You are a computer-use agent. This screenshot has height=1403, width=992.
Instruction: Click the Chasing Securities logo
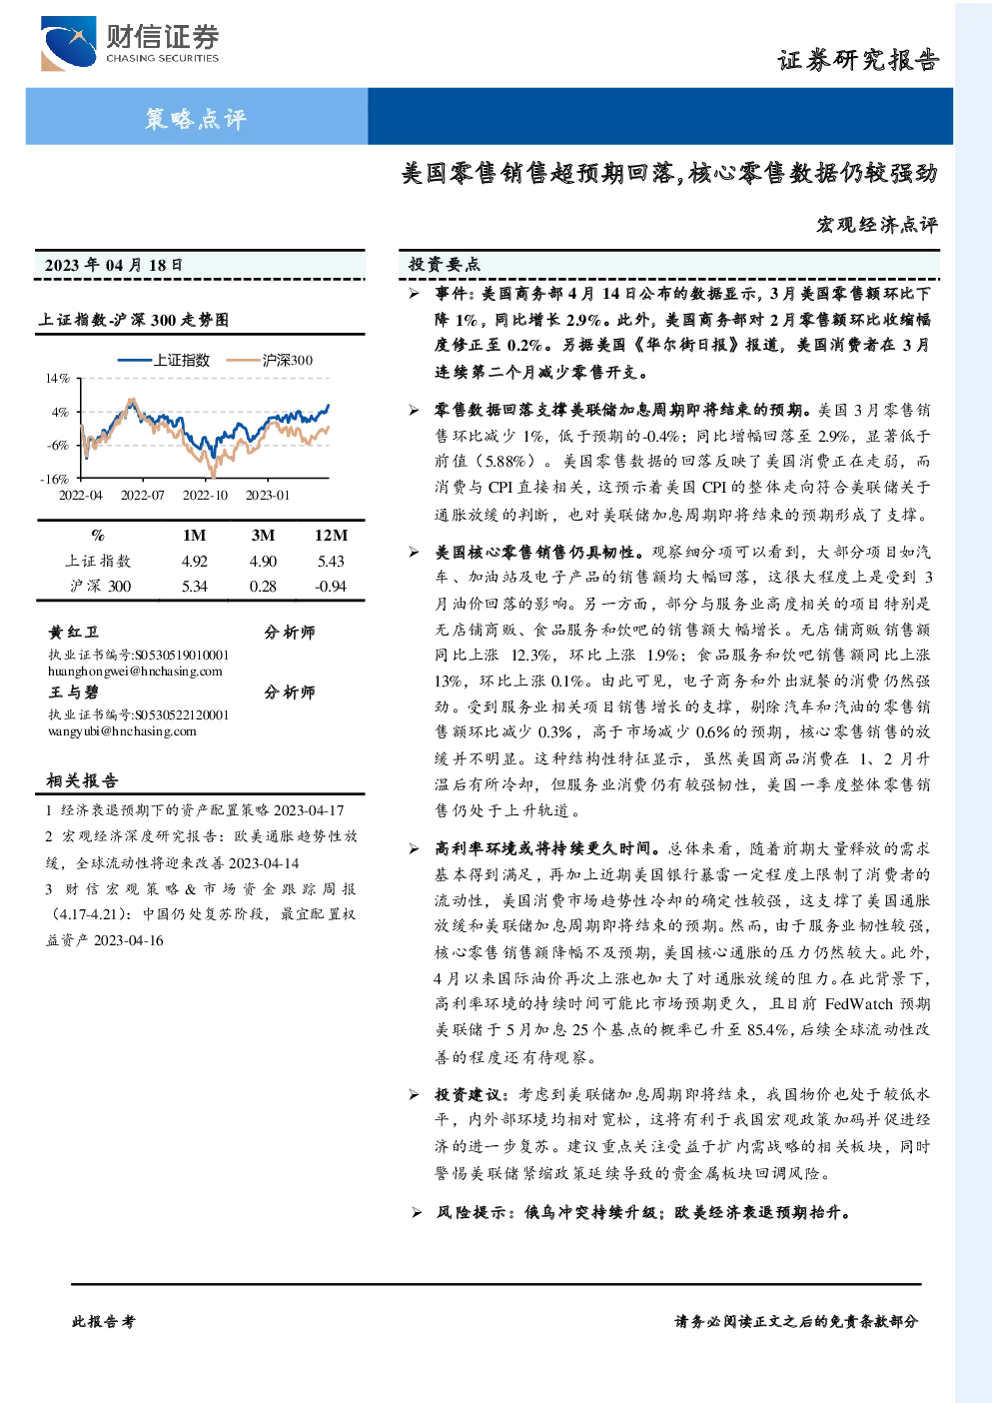[130, 43]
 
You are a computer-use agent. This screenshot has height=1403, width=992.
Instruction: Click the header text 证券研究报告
[858, 60]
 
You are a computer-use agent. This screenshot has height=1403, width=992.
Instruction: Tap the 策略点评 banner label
[196, 118]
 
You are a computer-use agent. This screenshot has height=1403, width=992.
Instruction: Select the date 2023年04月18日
[113, 265]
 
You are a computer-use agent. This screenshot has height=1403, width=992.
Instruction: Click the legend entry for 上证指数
[164, 360]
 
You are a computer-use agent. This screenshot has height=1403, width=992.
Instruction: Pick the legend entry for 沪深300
[270, 360]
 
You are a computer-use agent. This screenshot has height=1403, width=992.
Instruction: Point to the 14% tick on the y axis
[57, 379]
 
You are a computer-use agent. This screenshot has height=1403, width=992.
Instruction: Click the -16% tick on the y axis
[55, 479]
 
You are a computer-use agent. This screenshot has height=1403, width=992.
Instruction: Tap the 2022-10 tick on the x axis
[205, 496]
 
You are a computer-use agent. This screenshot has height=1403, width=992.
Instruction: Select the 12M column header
[331, 536]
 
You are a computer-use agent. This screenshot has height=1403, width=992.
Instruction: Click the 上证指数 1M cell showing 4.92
[194, 562]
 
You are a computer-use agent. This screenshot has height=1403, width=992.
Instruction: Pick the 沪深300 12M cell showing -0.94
[330, 587]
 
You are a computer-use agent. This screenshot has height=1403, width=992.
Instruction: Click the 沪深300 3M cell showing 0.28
[263, 587]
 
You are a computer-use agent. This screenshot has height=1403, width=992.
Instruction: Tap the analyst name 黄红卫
[73, 632]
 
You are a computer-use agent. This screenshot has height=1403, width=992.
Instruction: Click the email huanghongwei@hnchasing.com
[135, 672]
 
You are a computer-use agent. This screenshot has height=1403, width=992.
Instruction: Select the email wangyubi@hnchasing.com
[122, 730]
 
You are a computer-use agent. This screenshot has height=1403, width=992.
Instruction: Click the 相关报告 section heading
[82, 780]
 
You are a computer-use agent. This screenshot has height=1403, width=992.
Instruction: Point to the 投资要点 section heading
[444, 265]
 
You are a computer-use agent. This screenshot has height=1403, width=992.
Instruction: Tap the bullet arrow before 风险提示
[417, 1213]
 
